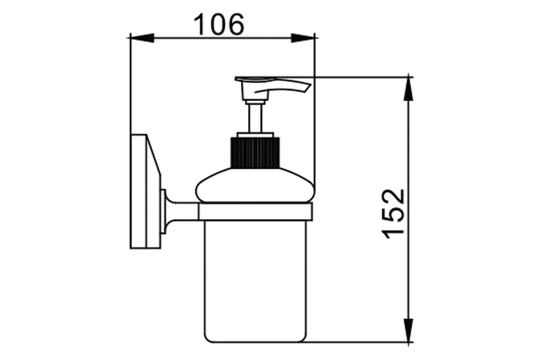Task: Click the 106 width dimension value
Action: [219, 24]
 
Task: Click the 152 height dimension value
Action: [392, 214]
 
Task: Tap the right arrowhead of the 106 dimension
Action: [303, 38]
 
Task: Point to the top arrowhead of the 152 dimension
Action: [409, 89]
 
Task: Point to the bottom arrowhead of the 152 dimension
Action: [409, 330]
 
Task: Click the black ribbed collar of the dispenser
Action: [255, 153]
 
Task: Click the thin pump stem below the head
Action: [255, 118]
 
